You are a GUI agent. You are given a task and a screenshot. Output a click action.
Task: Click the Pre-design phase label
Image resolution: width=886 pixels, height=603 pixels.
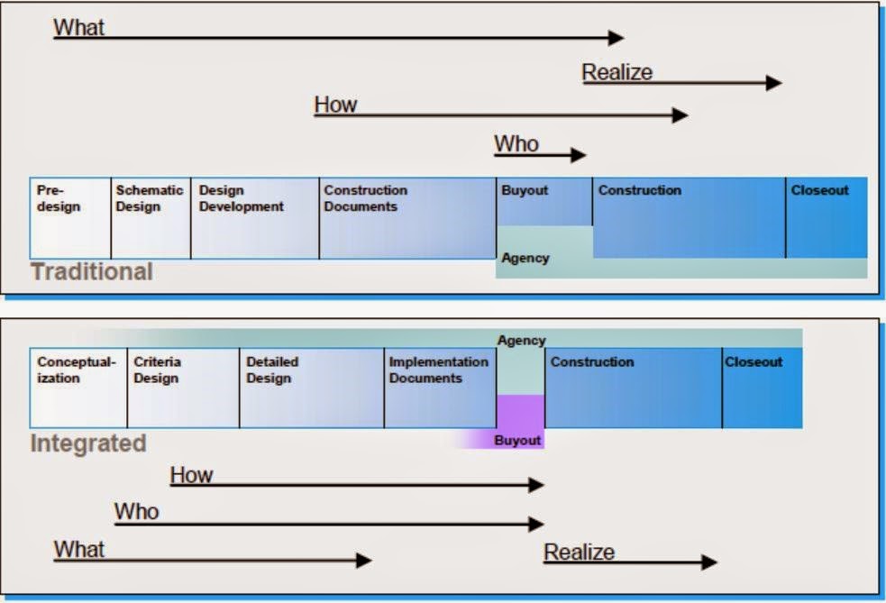pyautogui.click(x=58, y=198)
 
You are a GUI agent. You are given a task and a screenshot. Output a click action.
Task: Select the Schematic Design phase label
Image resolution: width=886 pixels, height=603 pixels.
pyautogui.click(x=150, y=198)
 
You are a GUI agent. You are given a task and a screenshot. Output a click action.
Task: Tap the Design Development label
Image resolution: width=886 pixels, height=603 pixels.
pyautogui.click(x=241, y=198)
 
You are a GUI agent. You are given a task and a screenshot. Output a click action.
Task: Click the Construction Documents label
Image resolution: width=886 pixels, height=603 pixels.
pyautogui.click(x=365, y=198)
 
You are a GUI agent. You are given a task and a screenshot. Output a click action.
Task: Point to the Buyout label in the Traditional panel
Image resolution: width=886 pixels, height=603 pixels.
pyautogui.click(x=525, y=190)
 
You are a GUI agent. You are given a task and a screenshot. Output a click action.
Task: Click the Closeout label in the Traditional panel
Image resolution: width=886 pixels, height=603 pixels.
pyautogui.click(x=819, y=190)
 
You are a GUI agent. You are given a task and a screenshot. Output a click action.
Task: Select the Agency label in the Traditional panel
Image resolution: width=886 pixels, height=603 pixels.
pyautogui.click(x=525, y=258)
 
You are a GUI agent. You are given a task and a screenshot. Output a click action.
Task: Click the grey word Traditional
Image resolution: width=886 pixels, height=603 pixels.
pyautogui.click(x=92, y=271)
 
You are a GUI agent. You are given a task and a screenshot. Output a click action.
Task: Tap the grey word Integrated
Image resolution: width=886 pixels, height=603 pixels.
pyautogui.click(x=88, y=443)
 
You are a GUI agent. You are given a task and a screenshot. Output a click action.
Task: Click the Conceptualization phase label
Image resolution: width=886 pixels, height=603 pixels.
pyautogui.click(x=77, y=370)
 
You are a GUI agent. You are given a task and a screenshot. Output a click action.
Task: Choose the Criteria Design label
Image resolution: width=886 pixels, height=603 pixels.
pyautogui.click(x=158, y=370)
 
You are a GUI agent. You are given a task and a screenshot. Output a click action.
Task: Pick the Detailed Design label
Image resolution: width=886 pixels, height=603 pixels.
pyautogui.click(x=272, y=370)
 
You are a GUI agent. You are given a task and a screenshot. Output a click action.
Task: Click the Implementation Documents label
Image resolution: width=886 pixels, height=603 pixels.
pyautogui.click(x=438, y=370)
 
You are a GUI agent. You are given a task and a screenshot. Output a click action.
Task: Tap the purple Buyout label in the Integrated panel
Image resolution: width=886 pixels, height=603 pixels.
pyautogui.click(x=517, y=441)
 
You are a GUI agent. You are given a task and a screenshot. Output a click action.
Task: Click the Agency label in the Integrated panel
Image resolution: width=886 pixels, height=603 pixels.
pyautogui.click(x=521, y=341)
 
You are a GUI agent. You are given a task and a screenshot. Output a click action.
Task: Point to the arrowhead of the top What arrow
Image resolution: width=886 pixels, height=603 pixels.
pyautogui.click(x=617, y=38)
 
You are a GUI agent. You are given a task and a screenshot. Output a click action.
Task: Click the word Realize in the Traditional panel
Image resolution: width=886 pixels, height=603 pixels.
pyautogui.click(x=617, y=73)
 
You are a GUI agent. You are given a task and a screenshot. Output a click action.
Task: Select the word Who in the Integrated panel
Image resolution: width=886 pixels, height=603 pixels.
pyautogui.click(x=136, y=512)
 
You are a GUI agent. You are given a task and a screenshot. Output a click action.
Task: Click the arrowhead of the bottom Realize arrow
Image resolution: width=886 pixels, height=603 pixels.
pyautogui.click(x=709, y=562)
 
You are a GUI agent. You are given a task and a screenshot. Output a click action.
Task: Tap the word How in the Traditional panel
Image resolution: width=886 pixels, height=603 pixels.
pyautogui.click(x=335, y=105)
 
